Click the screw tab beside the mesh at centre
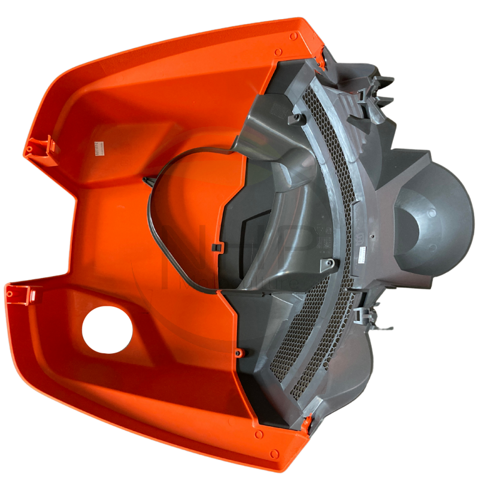tap(329, 262)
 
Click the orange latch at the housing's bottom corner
tap(309, 424)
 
